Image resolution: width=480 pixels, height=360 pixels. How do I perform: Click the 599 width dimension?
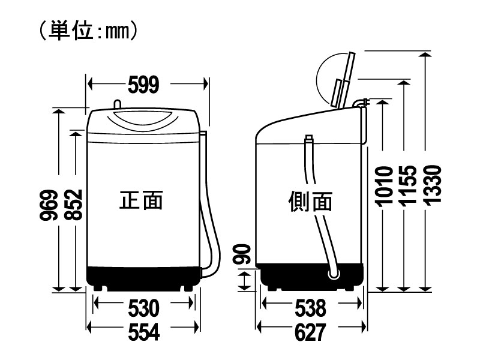143,85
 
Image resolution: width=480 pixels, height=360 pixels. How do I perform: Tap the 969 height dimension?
49,205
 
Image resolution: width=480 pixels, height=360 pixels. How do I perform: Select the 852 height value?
74,205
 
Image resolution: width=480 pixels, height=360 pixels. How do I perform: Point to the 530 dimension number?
143,308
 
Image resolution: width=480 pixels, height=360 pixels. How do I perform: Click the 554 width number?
143,332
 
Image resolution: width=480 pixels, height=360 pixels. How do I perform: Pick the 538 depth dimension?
310,308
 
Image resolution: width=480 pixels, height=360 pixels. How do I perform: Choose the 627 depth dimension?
310,332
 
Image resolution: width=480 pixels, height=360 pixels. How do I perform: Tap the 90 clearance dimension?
242,254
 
